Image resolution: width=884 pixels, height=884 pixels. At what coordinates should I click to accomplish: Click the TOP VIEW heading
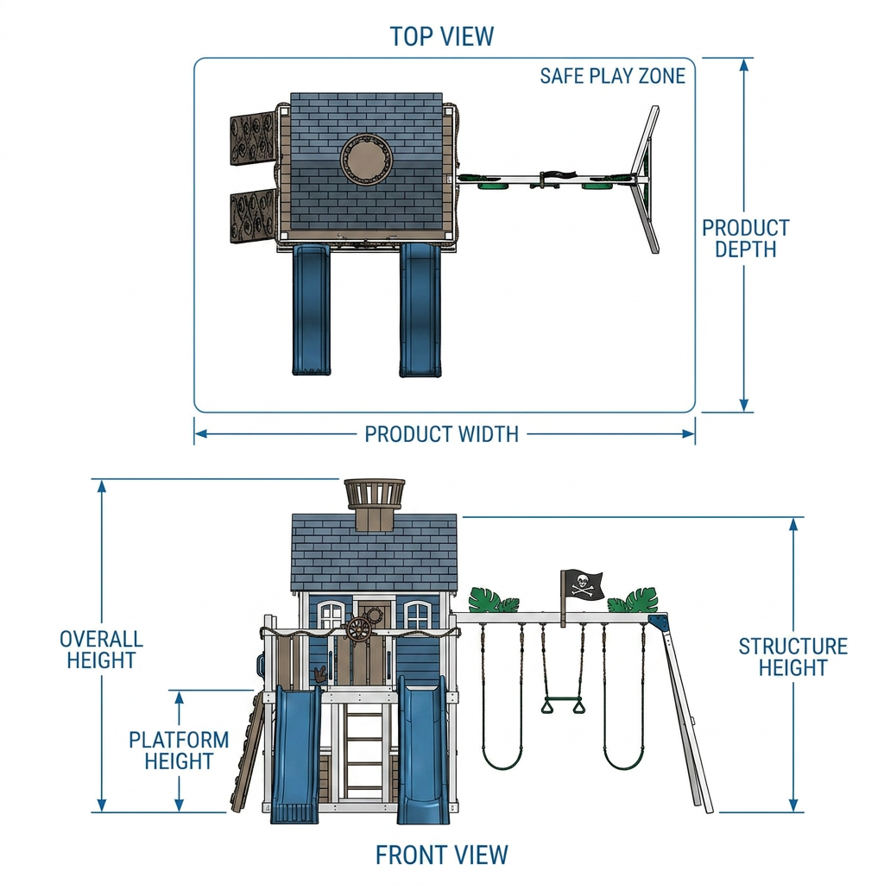pos(442,36)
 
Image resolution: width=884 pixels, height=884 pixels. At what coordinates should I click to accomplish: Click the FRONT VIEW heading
pos(442,855)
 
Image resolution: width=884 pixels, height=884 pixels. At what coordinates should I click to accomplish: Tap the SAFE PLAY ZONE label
pos(612,76)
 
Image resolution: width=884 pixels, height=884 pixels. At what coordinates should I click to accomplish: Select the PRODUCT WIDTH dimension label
pos(441,434)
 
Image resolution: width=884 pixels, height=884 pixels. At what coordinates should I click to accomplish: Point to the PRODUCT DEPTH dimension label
pos(745,238)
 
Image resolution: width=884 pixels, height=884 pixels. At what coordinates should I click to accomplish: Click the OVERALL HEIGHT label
pos(102,649)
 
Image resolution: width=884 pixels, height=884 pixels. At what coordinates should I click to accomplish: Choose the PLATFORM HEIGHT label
pos(179,750)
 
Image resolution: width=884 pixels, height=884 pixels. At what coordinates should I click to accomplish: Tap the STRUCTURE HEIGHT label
pos(793,657)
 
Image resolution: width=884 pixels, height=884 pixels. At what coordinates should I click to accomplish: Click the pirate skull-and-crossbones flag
pos(583,584)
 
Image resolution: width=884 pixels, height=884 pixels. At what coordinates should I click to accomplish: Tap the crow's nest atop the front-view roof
pos(375,505)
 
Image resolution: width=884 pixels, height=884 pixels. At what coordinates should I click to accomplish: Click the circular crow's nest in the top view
pos(366,160)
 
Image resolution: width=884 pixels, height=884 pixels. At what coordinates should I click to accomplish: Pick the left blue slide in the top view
pos(311,310)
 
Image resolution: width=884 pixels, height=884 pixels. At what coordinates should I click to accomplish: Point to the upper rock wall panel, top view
pos(253,139)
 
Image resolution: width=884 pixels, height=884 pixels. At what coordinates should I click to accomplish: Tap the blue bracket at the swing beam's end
pos(658,622)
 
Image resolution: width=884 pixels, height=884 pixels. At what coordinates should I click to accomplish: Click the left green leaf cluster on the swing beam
pos(493,600)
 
